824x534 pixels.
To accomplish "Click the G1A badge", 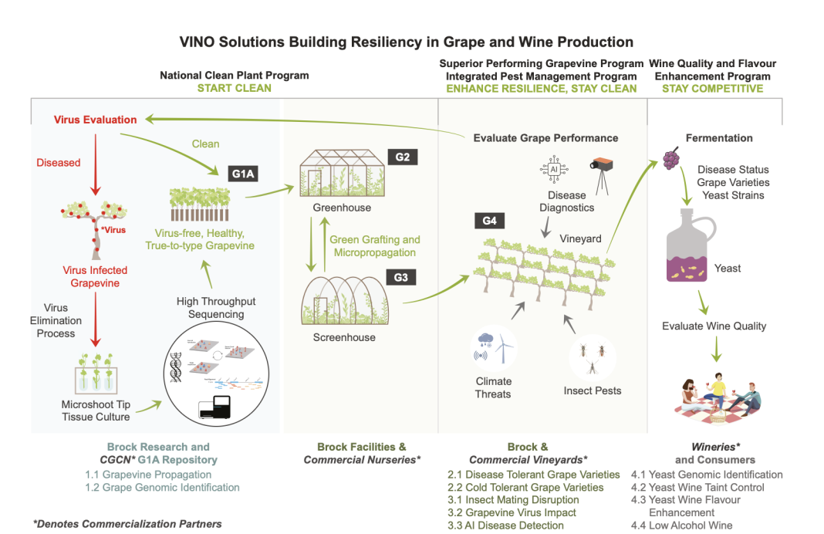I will coord(245,174).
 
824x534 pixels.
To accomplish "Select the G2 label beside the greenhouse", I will coord(402,157).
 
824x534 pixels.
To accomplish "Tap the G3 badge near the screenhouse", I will coord(400,277).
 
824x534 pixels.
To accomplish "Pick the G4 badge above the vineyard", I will coord(489,222).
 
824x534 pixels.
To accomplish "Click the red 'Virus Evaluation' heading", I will coord(96,120).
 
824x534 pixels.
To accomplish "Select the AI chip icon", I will coord(552,169).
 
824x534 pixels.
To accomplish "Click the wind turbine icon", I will coord(503,348).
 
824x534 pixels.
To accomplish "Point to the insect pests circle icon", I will coord(592,356).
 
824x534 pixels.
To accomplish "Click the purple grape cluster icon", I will coord(672,160).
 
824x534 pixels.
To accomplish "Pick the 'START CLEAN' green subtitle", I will coord(234,88).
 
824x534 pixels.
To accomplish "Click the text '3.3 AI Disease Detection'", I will coord(505,526).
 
